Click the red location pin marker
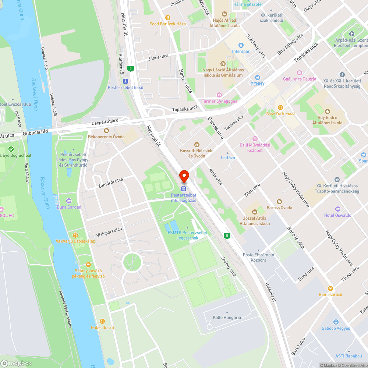click(x=184, y=176)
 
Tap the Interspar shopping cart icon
click(x=241, y=45)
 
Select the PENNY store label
click(x=258, y=84)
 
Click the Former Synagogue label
click(x=219, y=101)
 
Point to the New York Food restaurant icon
click(x=280, y=107)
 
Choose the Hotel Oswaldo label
click(x=337, y=215)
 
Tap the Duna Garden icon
click(x=69, y=201)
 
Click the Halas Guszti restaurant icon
click(x=102, y=321)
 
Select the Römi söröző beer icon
click(x=330, y=288)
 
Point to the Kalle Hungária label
click(x=227, y=317)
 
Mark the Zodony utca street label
click(x=228, y=266)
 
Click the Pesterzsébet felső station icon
click(x=125, y=81)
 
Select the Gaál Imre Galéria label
click(x=300, y=79)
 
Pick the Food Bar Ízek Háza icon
click(x=168, y=17)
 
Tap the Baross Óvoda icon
click(x=279, y=201)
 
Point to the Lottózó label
click(x=227, y=158)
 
